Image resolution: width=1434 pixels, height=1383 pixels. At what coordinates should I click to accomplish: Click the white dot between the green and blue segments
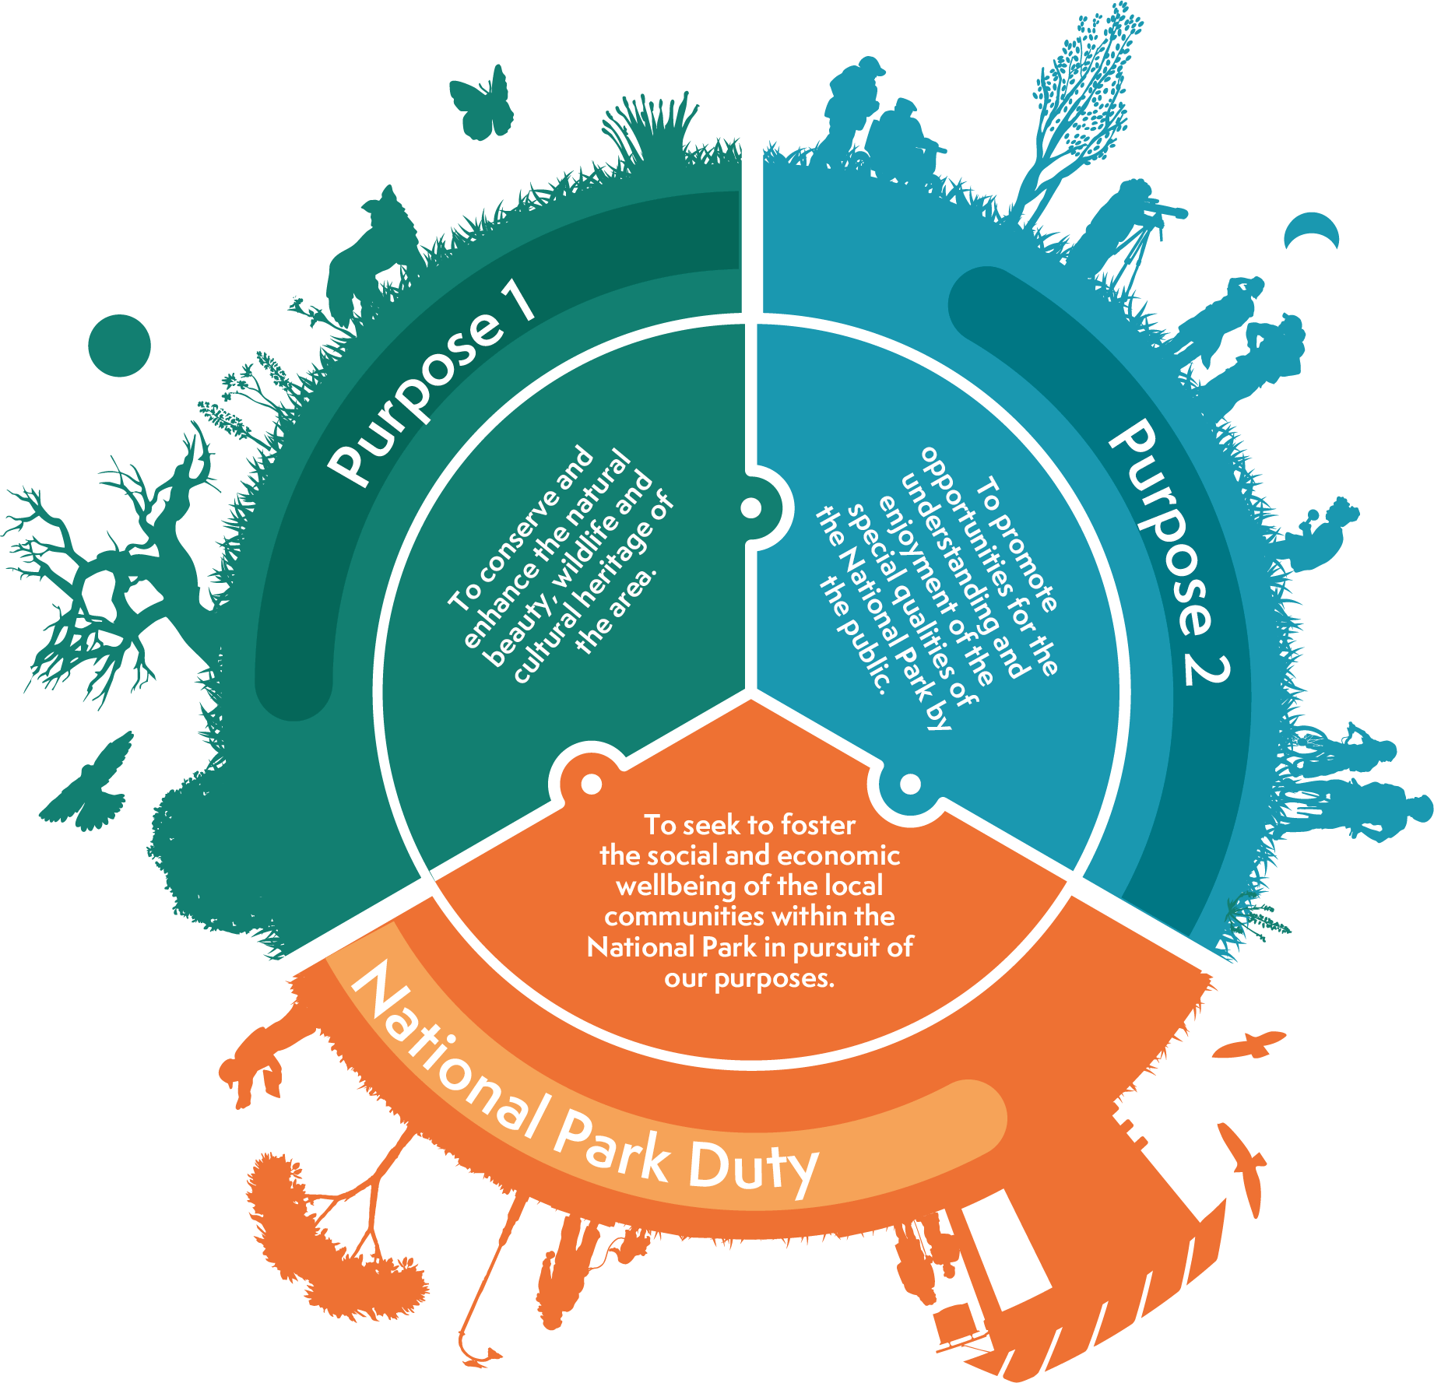point(750,508)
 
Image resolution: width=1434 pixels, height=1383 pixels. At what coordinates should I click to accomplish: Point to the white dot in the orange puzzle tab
point(592,784)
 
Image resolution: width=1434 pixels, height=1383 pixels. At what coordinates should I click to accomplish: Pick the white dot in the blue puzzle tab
point(910,784)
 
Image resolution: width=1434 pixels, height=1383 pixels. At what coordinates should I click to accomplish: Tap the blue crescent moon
point(1313,228)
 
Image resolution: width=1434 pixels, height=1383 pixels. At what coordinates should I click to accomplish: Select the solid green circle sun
point(119,346)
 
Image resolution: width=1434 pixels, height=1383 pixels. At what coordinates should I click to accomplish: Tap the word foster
point(817,825)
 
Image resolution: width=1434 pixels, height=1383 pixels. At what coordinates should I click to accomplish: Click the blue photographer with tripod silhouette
point(1133,226)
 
